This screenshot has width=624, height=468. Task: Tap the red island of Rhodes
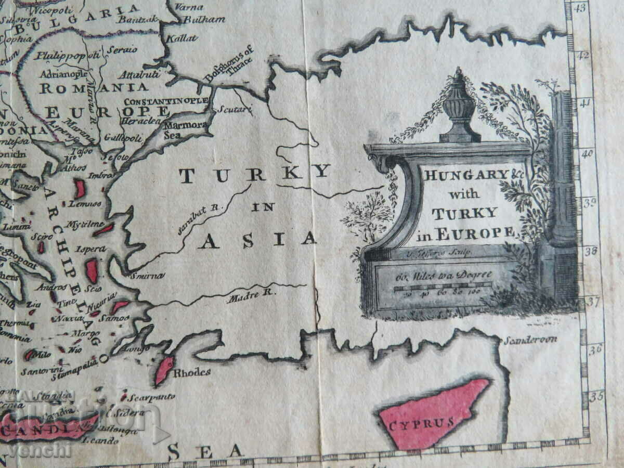point(164,369)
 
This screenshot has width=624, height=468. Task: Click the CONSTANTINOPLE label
point(166,100)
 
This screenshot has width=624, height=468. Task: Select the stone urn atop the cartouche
point(459,107)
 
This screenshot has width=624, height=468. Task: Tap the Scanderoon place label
point(529,340)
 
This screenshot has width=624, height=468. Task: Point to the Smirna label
point(148,276)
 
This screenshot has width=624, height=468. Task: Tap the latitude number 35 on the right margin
point(596,396)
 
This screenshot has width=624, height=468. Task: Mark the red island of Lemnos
point(80,189)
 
